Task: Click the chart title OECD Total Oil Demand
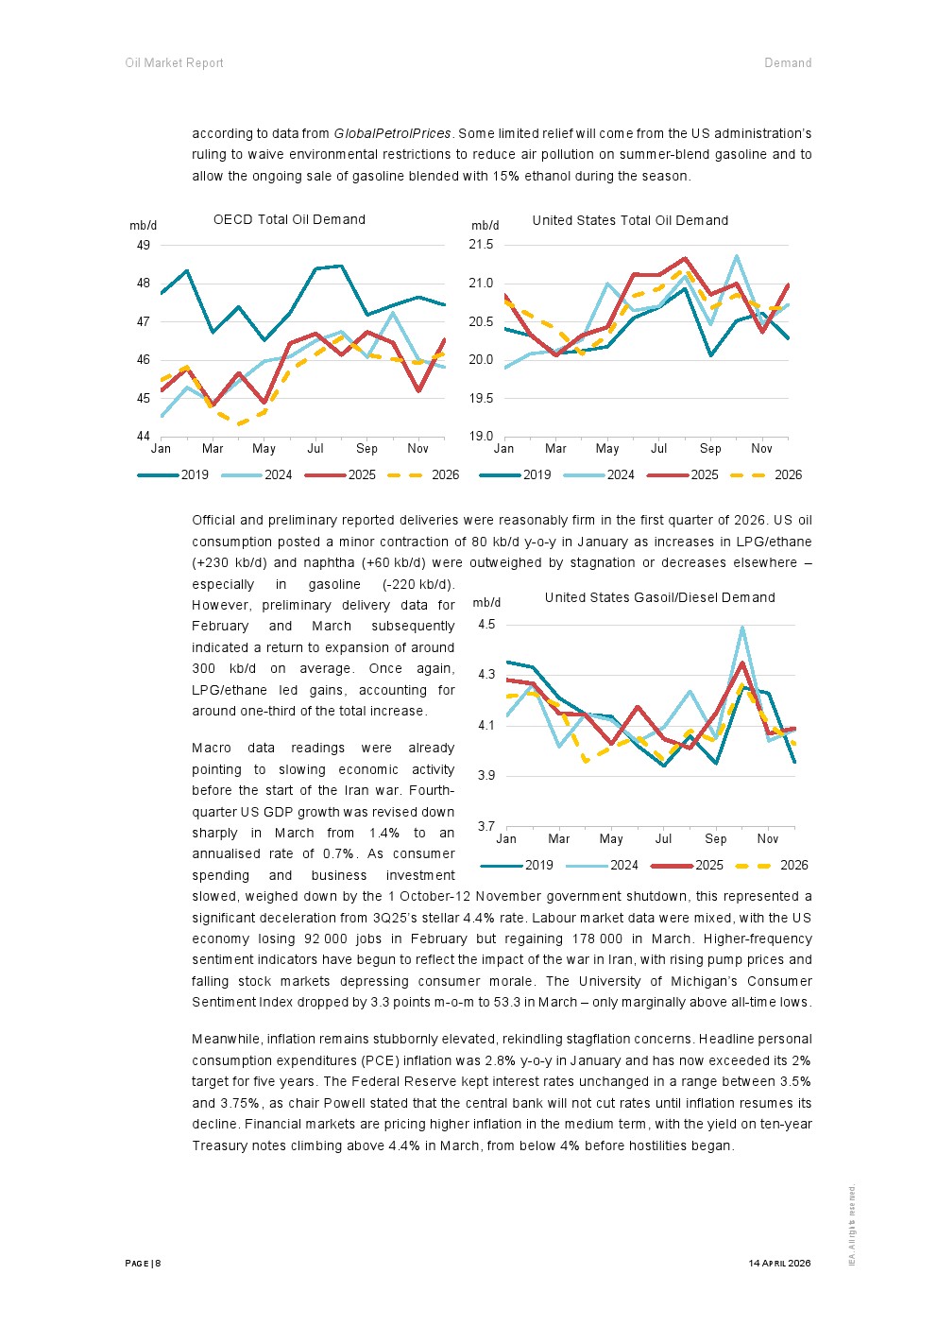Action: coord(289,219)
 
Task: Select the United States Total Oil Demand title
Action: coord(630,221)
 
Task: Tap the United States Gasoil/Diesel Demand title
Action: coord(659,598)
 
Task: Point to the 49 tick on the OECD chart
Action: coord(144,245)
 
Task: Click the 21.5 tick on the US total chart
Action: coord(481,245)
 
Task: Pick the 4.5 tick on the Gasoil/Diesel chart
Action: coord(486,625)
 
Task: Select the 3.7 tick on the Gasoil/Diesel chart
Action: coord(486,826)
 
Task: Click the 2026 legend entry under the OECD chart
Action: coord(423,474)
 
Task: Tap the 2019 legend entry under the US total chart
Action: coord(515,474)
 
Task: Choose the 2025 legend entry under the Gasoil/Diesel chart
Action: coord(687,866)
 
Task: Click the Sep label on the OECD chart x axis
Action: coord(366,449)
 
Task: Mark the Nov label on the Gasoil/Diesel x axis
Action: coord(768,839)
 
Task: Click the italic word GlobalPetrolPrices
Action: coord(392,134)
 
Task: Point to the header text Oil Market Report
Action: coord(175,63)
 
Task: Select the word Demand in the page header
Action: coord(788,63)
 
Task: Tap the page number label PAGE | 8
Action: coord(144,1264)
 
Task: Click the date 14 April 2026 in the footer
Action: coord(779,1264)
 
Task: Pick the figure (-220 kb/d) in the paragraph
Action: coord(418,585)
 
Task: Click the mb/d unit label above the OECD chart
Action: coord(144,226)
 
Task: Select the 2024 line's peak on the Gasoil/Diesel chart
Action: coord(742,629)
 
